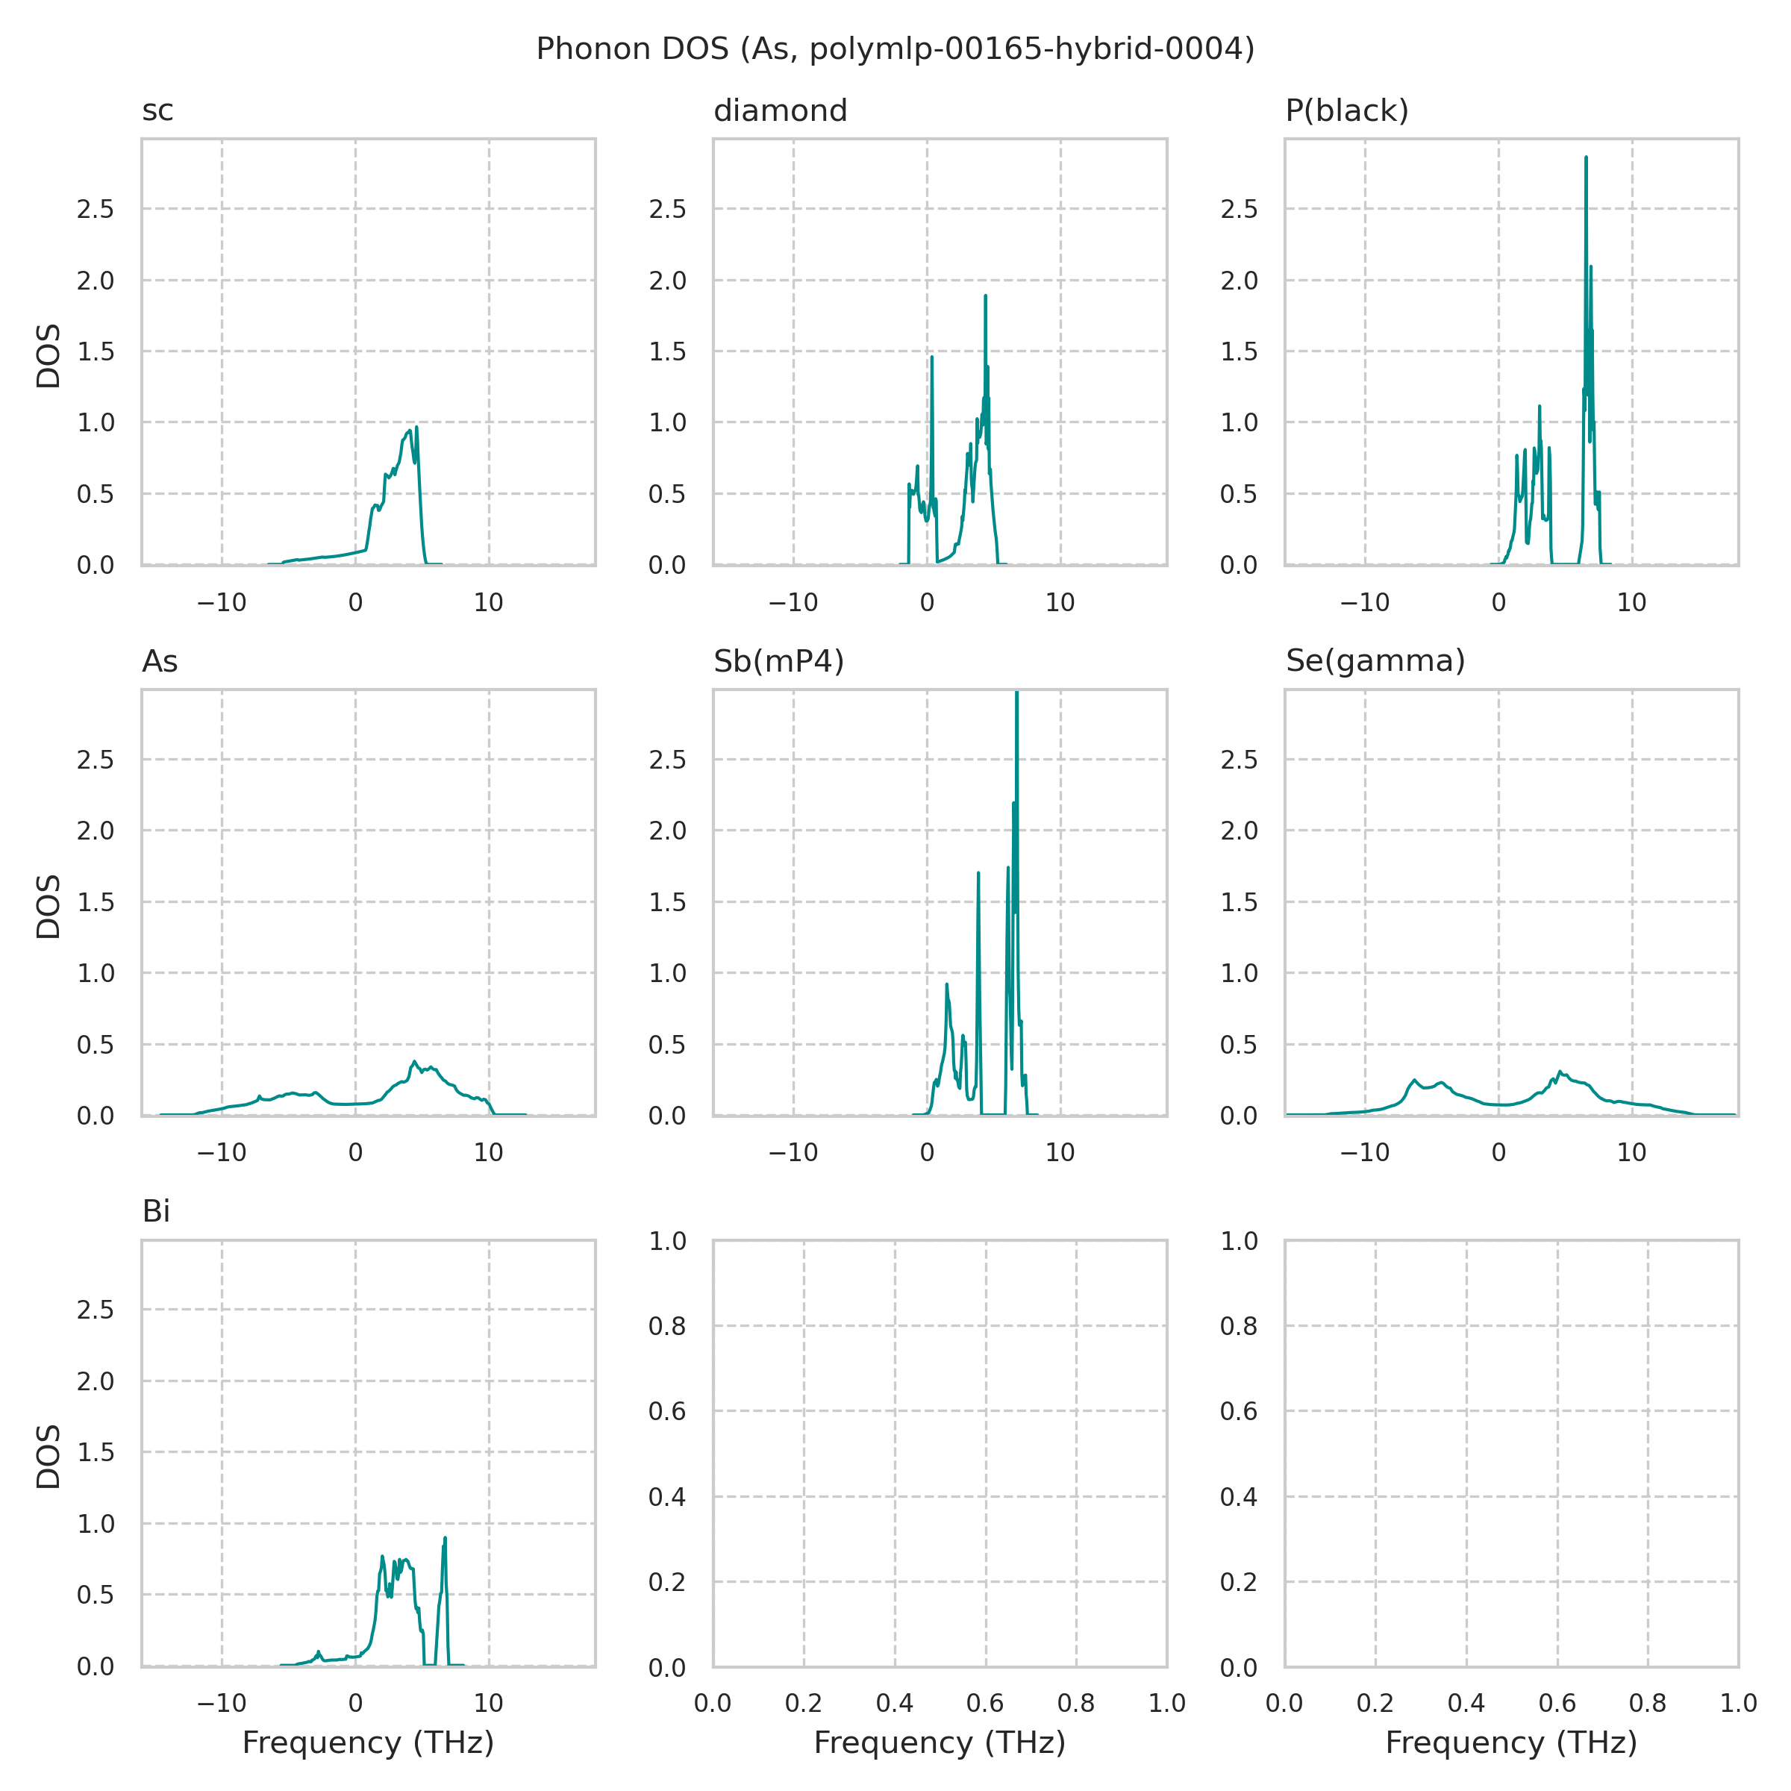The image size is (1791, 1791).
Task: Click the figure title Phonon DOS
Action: (x=895, y=49)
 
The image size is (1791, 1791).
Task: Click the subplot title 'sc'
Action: (x=157, y=111)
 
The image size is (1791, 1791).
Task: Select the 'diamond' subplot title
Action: (x=780, y=111)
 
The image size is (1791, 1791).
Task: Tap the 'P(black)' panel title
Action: (x=1346, y=111)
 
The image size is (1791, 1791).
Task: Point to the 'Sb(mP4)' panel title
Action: (x=778, y=662)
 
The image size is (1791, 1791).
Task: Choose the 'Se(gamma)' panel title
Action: (x=1375, y=662)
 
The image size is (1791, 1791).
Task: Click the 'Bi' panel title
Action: (x=156, y=1212)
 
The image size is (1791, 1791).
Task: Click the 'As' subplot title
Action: (x=160, y=662)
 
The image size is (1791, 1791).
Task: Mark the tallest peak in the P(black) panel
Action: (x=1586, y=157)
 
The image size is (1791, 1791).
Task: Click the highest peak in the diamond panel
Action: (x=985, y=296)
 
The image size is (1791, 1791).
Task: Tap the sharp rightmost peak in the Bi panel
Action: (x=445, y=1538)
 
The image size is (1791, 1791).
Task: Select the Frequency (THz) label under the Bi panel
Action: (x=368, y=1742)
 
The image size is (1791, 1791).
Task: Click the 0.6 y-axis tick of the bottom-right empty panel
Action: (x=1239, y=1411)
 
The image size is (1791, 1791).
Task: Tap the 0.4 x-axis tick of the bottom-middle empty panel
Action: (x=895, y=1703)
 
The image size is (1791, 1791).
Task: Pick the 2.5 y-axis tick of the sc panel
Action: (x=96, y=210)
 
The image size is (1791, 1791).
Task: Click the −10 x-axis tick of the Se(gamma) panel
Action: (x=1365, y=1152)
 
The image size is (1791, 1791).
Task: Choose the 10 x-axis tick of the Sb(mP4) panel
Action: (x=1060, y=1152)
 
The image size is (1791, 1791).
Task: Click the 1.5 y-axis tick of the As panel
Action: (x=96, y=902)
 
